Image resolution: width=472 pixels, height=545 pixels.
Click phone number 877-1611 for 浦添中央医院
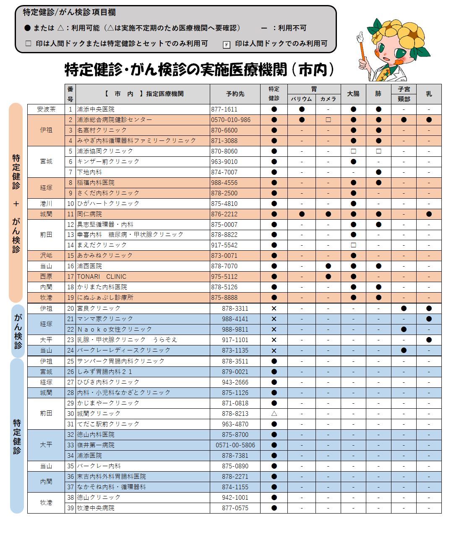coord(224,109)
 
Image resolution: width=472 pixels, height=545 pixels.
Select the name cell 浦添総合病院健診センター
coord(115,120)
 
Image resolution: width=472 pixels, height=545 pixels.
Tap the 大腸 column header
coord(353,94)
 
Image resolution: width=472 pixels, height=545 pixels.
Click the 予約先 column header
coord(235,94)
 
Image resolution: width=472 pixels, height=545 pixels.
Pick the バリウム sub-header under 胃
coord(302,99)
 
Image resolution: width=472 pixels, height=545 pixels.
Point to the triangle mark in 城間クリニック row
coord(274,414)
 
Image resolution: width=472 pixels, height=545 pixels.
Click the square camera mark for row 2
coord(328,120)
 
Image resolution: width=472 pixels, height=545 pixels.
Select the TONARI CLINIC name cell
coord(102,277)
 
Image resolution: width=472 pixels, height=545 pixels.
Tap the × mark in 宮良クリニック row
coord(274,309)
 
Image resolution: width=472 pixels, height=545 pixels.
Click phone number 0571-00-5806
coord(235,445)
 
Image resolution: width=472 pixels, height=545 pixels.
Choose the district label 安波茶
coord(46,109)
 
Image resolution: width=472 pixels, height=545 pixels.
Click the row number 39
coord(70,508)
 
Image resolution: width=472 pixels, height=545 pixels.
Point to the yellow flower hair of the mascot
coord(399,34)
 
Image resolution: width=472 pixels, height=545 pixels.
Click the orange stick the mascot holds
coord(362,50)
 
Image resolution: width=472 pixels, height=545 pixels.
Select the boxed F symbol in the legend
coord(227,44)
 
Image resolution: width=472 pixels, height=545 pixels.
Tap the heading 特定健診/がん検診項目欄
coord(69,13)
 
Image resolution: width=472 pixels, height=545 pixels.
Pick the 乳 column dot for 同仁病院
coord(429,214)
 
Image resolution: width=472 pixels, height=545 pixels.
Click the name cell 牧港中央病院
coord(96,508)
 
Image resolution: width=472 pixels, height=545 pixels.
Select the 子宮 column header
coord(404,89)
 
